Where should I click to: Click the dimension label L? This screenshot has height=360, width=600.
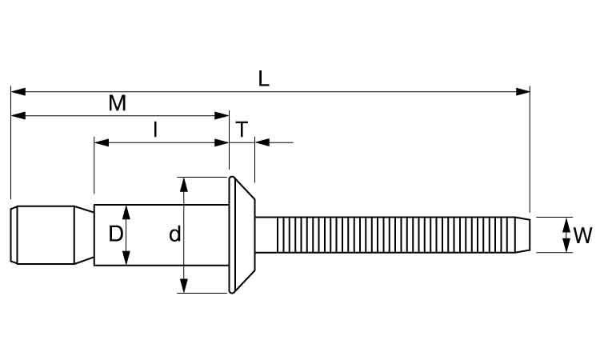(263, 78)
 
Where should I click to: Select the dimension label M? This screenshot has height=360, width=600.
(118, 102)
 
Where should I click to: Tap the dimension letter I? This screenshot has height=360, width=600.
(156, 129)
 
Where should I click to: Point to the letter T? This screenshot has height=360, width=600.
(242, 129)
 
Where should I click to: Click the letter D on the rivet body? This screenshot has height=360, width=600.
(115, 234)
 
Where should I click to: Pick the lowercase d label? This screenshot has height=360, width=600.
(174, 234)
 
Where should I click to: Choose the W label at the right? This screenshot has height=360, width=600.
(582, 235)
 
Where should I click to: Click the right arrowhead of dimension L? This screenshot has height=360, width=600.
(524, 91)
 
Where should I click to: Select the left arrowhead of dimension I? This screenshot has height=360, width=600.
(101, 142)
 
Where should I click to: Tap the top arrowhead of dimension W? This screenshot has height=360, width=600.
(566, 222)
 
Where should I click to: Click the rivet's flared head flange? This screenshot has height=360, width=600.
(240, 234)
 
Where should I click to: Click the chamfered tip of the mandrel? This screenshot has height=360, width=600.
(524, 234)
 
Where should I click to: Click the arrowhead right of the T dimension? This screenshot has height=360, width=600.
(262, 142)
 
